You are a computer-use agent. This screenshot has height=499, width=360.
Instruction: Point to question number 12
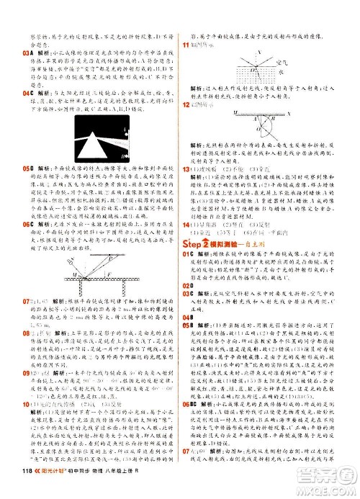pos(185,107)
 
